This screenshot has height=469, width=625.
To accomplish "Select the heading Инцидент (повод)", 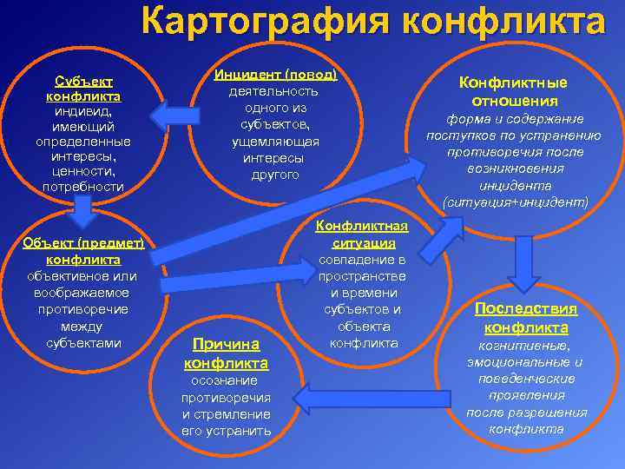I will pos(275,75).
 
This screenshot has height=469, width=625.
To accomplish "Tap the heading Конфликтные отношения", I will pos(513,91).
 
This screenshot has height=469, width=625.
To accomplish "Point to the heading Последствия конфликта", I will pos(525,318).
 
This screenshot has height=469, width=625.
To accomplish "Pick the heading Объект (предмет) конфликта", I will pos(83,252).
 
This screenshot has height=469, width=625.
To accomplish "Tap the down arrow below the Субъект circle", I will pos(83,207).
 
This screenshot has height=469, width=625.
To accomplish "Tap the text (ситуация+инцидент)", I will pos(514,201).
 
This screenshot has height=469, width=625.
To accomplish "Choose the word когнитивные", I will pos(525,346).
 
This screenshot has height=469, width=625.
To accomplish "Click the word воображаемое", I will pos(83,293).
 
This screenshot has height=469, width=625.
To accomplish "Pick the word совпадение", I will pos(361,260).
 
